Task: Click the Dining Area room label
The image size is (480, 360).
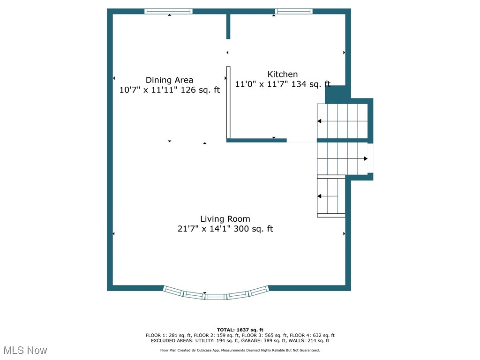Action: click(169, 80)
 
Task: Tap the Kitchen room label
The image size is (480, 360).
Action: click(282, 74)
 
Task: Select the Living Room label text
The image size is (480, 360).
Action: click(225, 219)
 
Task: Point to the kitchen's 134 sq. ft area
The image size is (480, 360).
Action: click(311, 84)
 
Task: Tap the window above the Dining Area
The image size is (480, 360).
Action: click(168, 11)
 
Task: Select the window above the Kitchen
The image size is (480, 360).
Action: click(293, 11)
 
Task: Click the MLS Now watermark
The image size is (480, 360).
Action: click(25, 350)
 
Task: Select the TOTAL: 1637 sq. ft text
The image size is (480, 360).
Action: click(240, 330)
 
